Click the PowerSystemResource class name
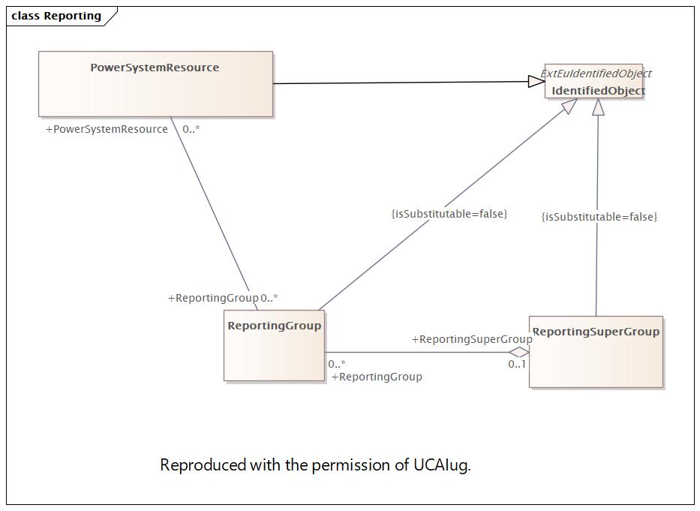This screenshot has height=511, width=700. tap(155, 68)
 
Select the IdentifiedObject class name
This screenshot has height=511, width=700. tap(598, 91)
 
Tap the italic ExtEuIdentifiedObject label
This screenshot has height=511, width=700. tap(596, 74)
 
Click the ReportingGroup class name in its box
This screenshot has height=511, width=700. tap(274, 326)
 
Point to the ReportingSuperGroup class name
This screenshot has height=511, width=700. tap(596, 332)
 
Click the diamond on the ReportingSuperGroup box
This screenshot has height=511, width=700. tap(518, 352)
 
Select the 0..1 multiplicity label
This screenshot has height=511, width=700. tap(517, 364)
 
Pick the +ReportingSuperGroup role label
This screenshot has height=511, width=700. tap(471, 339)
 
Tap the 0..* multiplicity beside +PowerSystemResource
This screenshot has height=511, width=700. tap(191, 129)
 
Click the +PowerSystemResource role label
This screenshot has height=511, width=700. tap(107, 129)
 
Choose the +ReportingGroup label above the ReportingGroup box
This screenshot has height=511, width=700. tap(213, 298)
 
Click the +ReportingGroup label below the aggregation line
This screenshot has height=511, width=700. tap(377, 377)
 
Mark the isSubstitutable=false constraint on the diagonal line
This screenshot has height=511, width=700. tap(449, 214)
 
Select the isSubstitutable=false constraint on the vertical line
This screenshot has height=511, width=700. tap(599, 217)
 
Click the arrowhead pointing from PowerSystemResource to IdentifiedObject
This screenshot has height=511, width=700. tap(536, 81)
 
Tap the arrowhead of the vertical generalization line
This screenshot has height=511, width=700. tap(598, 107)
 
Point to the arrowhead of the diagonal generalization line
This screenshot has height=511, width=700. tap(569, 106)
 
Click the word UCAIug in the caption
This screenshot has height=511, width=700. tap(442, 465)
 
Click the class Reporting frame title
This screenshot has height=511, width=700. tap(56, 16)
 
